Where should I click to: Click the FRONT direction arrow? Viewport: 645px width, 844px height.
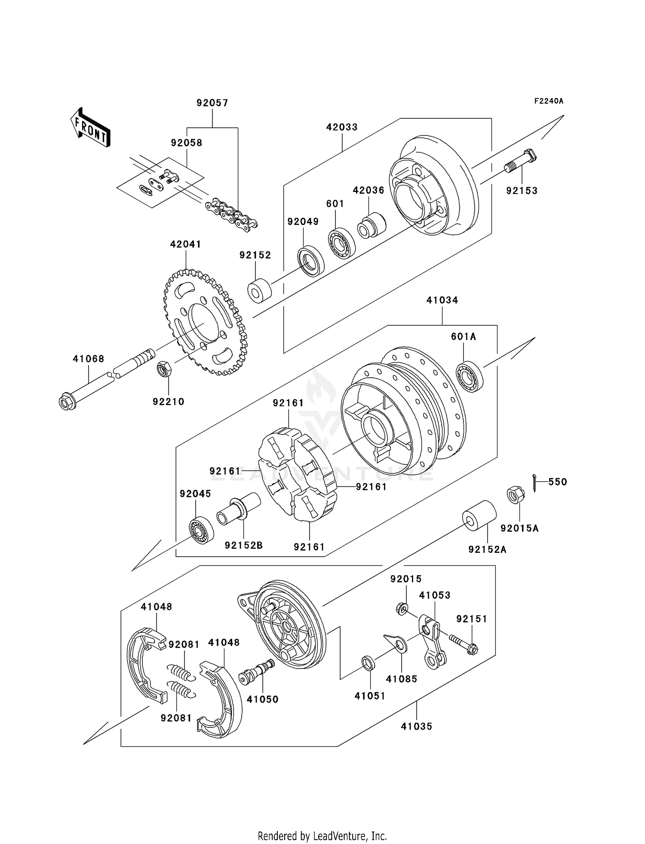click(90, 128)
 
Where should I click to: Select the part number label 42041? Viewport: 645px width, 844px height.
click(185, 244)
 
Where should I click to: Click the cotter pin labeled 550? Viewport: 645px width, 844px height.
click(534, 482)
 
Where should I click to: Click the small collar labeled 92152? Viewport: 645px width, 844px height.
click(259, 291)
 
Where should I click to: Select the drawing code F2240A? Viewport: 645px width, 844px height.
click(549, 101)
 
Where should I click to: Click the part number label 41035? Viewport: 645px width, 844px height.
click(416, 726)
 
